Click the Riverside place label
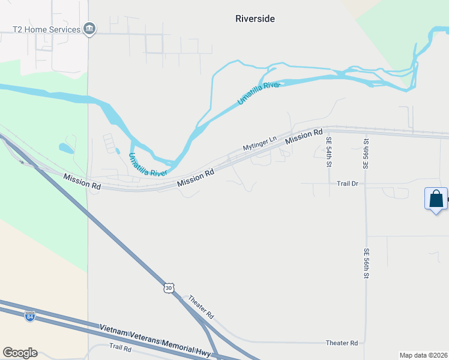point(255,19)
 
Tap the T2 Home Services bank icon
point(89,29)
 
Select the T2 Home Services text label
point(47,29)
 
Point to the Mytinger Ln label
point(259,143)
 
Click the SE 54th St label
point(328,152)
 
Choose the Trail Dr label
point(347,184)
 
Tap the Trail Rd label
point(124,347)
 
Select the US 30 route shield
point(169,288)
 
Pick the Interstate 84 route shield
point(30,316)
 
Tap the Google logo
point(20,353)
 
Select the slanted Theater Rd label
point(201,307)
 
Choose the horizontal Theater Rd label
point(342,343)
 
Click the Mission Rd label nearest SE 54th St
point(304,136)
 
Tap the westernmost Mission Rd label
point(82,182)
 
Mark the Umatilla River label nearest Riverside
point(259,94)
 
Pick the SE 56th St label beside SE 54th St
point(366,153)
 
